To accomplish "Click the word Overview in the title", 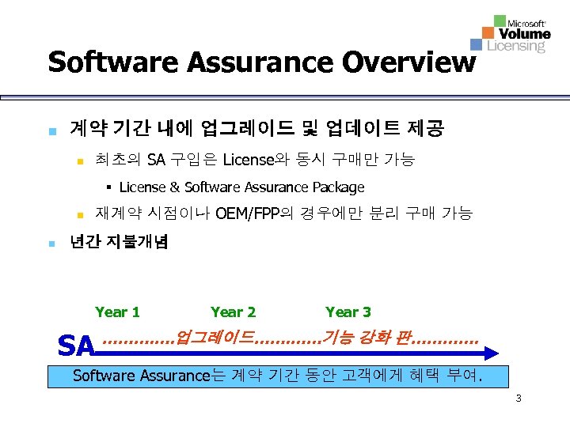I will [400, 61].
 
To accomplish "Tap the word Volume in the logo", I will [525, 34].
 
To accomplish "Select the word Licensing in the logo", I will [516, 46].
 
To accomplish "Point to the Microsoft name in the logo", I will [526, 23].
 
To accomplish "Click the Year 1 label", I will [117, 312].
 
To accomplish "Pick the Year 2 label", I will [233, 312].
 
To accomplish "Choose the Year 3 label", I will [348, 312].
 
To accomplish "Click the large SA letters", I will [78, 346].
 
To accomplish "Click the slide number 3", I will [518, 398].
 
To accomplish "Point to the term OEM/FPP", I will [244, 213].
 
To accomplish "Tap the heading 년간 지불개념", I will [119, 242].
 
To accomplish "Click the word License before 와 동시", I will [248, 161].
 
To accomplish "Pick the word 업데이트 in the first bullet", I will [367, 127].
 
